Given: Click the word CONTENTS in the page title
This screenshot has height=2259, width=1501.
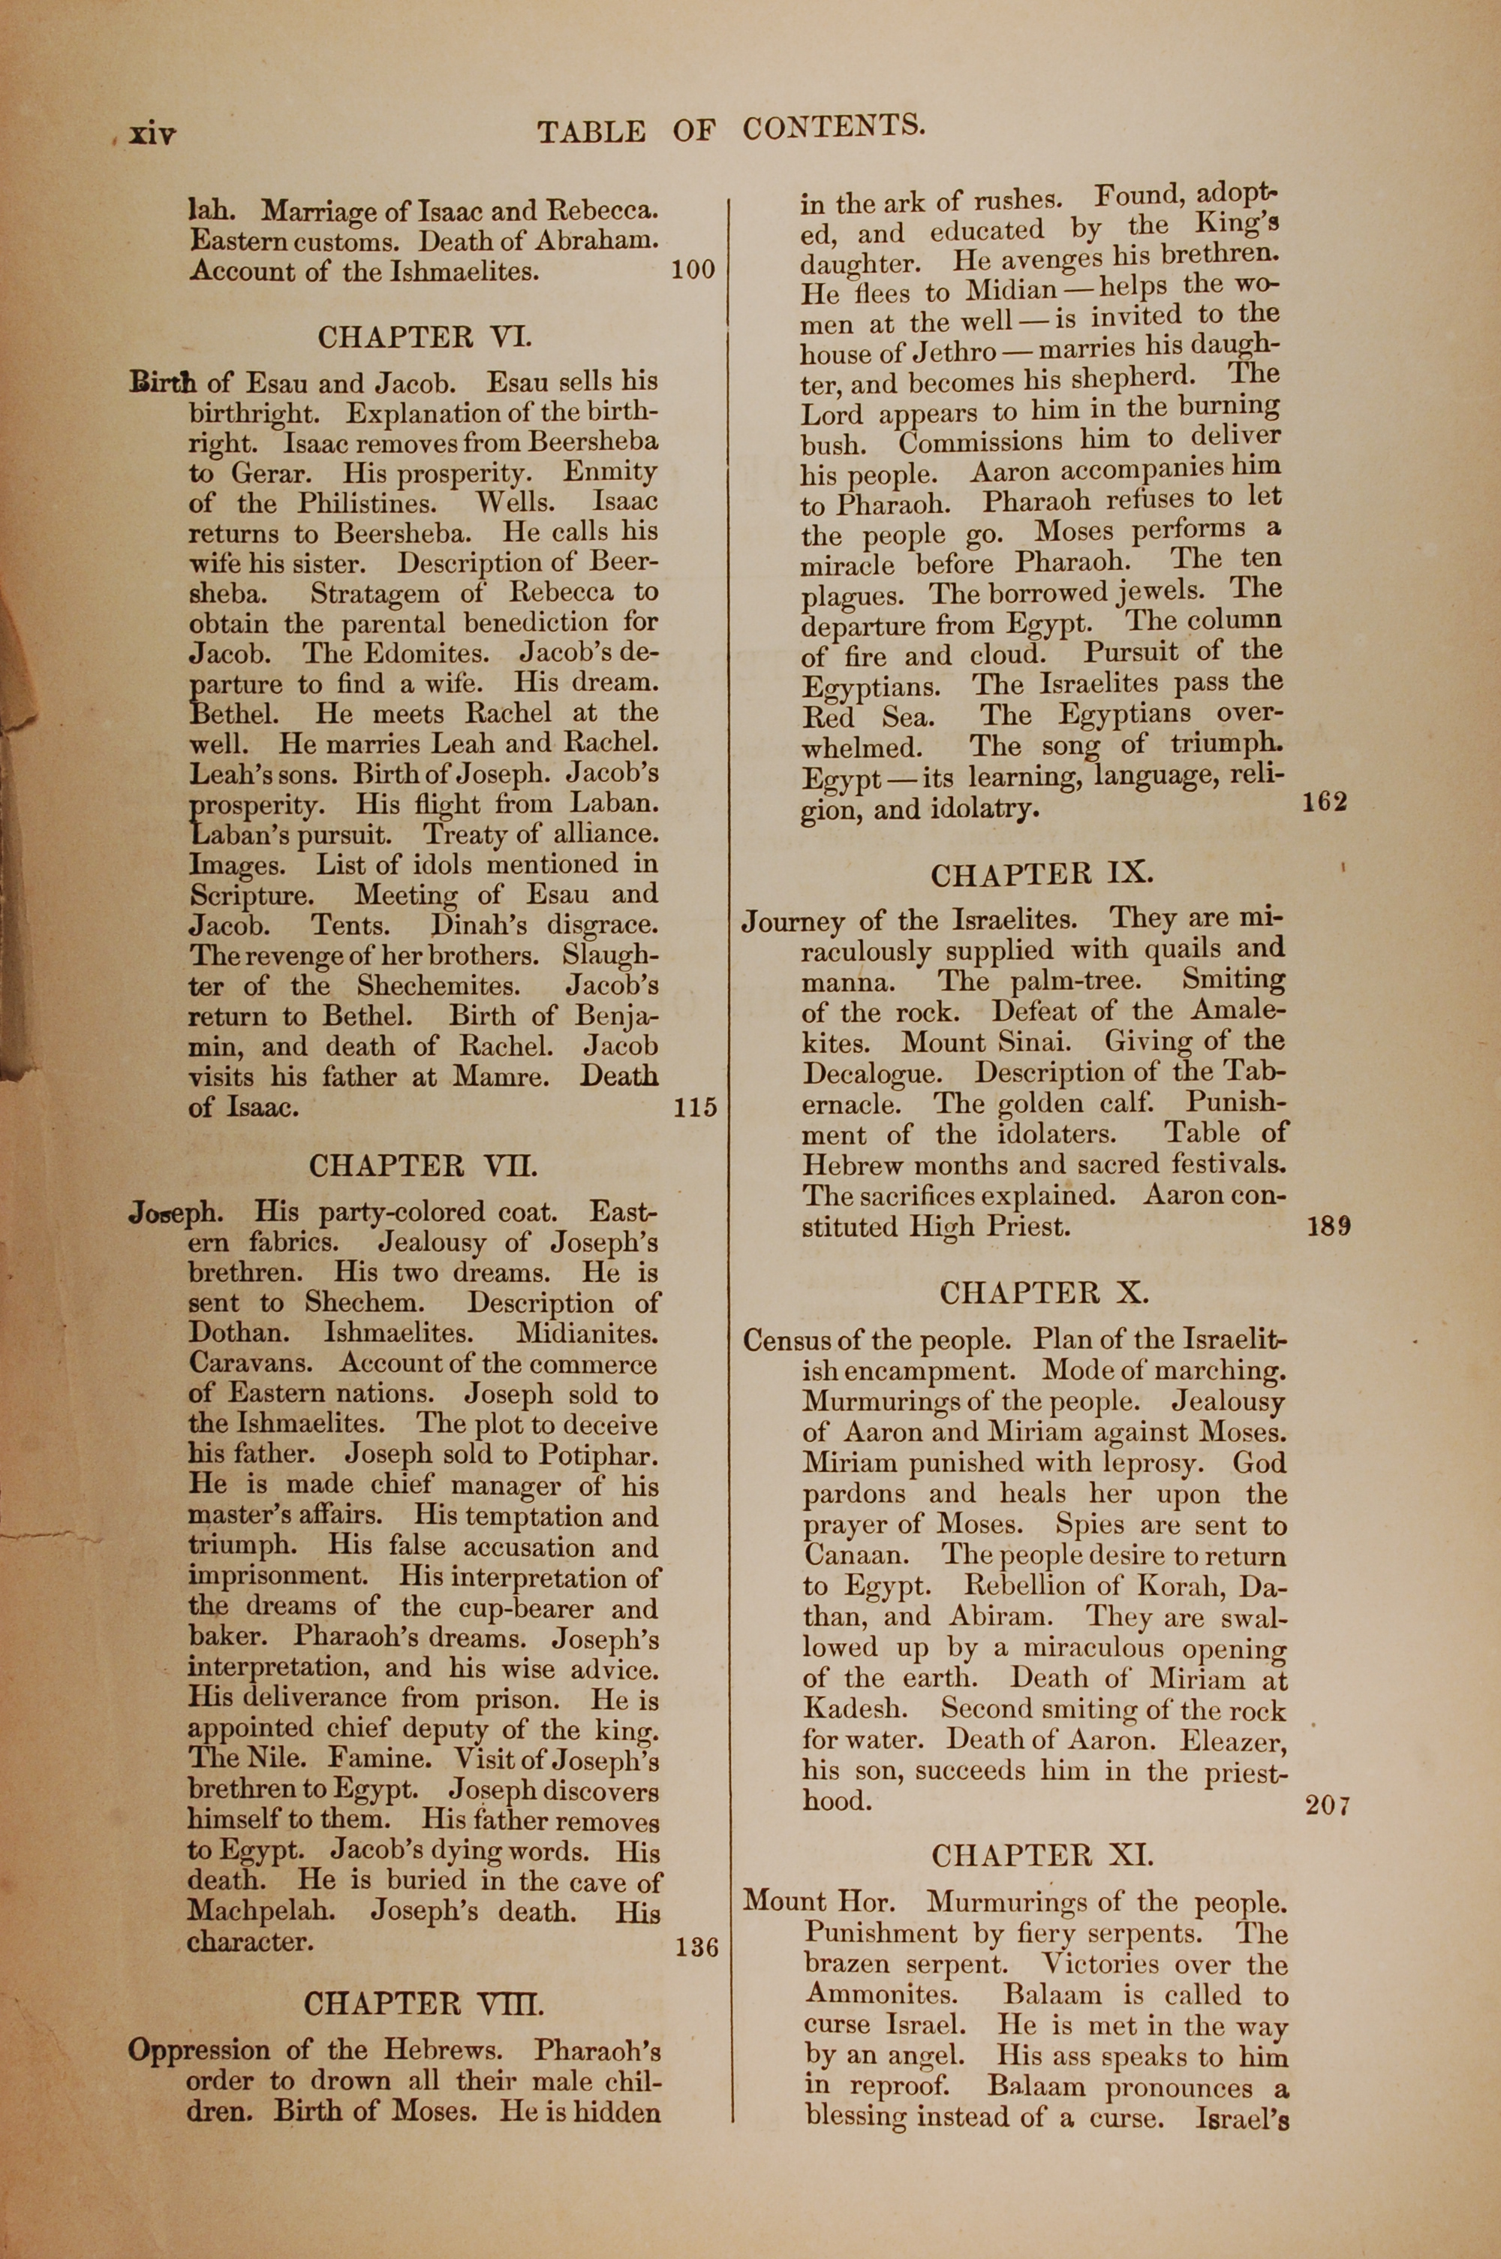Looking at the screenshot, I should [833, 128].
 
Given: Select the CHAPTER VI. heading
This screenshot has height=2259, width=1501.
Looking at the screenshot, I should [425, 338].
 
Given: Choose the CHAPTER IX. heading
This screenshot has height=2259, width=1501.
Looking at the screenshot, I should [1042, 874].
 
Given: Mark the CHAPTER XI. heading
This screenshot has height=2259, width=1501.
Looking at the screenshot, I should [1042, 1856].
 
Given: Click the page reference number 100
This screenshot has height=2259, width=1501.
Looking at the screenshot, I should [693, 270].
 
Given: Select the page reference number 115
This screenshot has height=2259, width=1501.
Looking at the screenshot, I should [695, 1108].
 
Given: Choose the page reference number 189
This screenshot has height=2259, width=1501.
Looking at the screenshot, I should [1328, 1226].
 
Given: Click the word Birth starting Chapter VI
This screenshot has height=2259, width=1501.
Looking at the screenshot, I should [164, 383].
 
